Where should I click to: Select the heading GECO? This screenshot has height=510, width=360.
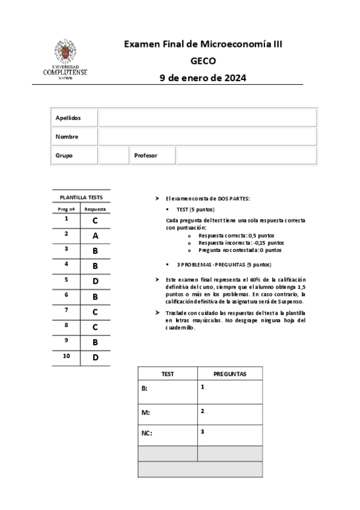coord(203,61)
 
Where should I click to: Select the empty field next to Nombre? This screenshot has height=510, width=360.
coord(207,137)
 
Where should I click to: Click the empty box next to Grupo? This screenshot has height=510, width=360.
coord(114,155)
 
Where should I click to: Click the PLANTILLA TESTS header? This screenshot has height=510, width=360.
coord(81,197)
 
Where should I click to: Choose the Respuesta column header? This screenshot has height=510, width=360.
coord(96,209)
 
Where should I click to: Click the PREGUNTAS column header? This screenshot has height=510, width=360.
coord(230,374)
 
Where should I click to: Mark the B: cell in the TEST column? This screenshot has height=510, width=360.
coord(145,389)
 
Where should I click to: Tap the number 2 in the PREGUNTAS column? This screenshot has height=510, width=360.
coord(203,411)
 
